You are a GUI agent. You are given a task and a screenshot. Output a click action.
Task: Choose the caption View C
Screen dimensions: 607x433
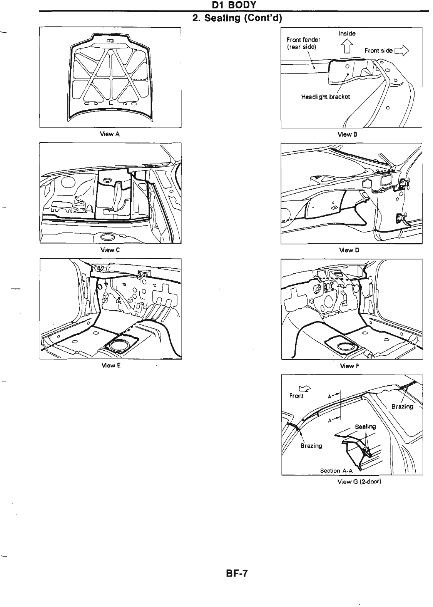110,250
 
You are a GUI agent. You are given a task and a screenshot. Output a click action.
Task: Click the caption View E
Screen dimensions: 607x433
110,365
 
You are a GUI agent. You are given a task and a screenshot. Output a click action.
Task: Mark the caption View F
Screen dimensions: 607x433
349,366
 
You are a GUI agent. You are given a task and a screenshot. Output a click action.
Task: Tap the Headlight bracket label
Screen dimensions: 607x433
326,97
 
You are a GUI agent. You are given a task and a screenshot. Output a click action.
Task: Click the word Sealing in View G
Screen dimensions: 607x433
365,426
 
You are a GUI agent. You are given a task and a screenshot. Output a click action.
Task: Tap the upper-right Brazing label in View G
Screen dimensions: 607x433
402,406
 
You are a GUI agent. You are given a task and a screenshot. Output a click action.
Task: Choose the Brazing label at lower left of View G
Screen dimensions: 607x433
311,446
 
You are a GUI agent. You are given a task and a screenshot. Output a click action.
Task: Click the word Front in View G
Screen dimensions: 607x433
296,396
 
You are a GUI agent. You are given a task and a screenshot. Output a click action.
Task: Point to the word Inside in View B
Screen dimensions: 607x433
347,33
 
